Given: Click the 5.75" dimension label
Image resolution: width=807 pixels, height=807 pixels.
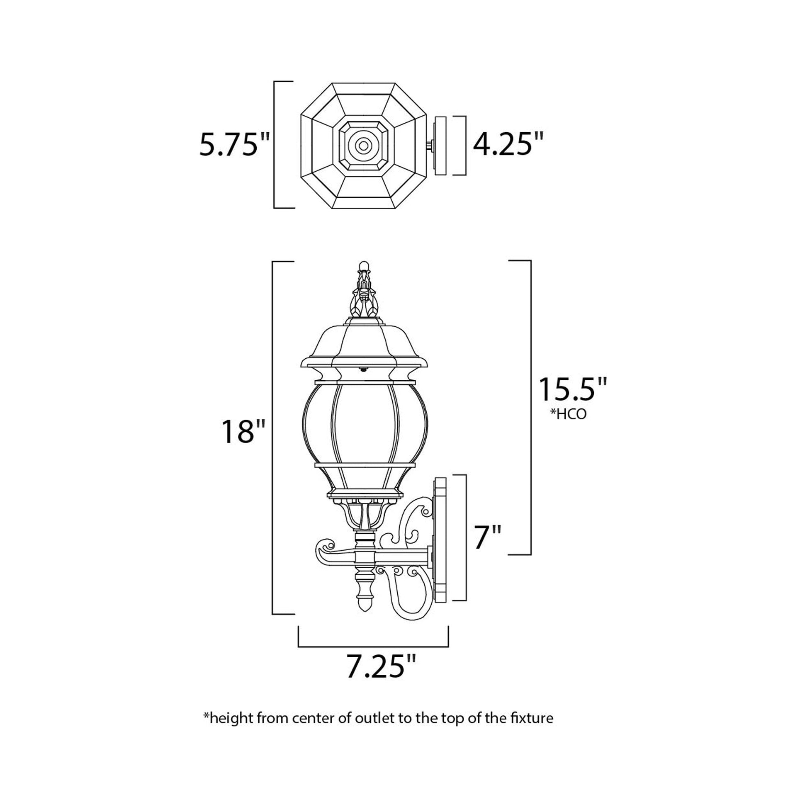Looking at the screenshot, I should pos(235,145).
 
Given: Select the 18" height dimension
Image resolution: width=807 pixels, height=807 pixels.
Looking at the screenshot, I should pos(244,432).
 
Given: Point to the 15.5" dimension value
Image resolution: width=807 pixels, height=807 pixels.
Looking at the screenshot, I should pos(572,389).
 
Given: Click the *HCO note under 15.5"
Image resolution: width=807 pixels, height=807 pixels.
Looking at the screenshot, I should pos(568,414).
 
